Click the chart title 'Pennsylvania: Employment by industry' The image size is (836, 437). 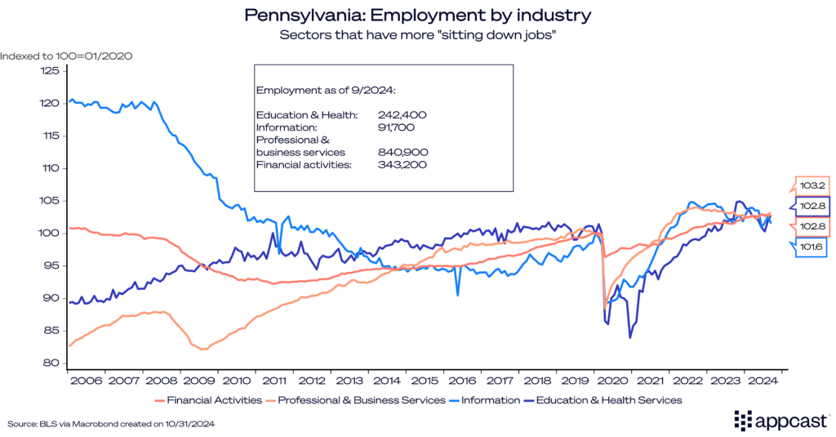417,16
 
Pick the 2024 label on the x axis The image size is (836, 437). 761,381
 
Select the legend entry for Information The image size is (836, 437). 490,400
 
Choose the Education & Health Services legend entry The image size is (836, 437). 608,400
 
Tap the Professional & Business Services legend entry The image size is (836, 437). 362,400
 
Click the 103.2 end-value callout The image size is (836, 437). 812,185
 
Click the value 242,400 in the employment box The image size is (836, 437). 402,115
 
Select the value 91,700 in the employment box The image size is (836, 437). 398,127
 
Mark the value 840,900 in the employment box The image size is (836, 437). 402,153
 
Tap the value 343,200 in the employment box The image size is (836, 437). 402,165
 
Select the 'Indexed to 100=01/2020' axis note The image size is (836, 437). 66,56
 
